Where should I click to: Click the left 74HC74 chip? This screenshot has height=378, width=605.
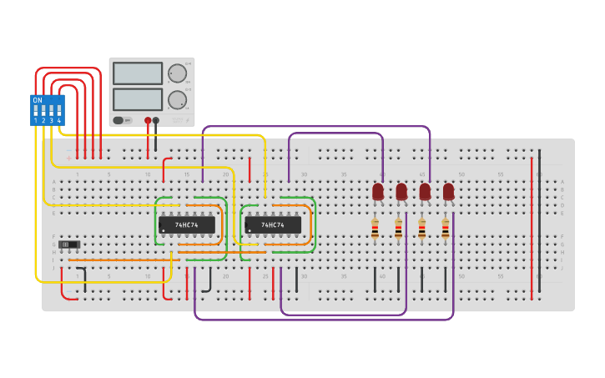tap(187, 225)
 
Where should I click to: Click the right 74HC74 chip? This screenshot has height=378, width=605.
tap(273, 225)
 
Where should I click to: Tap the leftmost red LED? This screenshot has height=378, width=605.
tap(378, 192)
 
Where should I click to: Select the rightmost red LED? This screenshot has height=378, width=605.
tap(449, 192)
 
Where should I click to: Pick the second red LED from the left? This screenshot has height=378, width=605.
tap(401, 192)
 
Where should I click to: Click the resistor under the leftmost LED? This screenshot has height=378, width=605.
tap(375, 229)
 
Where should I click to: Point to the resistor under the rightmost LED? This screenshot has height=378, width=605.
tap(446, 229)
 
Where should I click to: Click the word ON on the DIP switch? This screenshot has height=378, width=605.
tap(38, 100)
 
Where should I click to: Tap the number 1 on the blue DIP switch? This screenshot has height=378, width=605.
tap(36, 122)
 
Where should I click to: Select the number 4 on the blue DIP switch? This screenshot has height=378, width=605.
tap(59, 122)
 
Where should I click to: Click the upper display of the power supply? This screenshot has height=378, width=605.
tap(137, 73)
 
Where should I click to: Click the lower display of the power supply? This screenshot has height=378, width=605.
tap(137, 99)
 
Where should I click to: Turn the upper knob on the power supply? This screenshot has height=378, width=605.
tap(177, 73)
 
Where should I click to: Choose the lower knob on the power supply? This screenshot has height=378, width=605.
tap(177, 100)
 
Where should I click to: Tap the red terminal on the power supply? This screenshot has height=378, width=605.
tap(148, 120)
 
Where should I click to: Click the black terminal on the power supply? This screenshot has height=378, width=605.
tap(156, 120)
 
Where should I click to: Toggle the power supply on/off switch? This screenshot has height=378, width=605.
tap(118, 120)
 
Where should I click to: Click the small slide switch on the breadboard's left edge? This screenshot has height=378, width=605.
tap(72, 244)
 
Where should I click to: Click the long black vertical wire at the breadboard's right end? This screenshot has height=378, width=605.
tap(539, 221)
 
